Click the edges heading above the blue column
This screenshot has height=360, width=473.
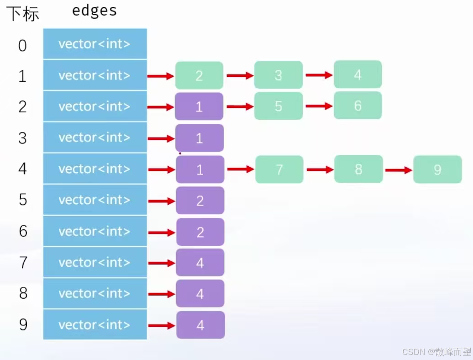point(95,11)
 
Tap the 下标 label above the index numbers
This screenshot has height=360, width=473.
point(22,14)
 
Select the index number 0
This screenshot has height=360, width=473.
point(22,45)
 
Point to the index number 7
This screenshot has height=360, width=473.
point(23,263)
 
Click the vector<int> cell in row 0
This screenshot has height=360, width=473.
point(95,44)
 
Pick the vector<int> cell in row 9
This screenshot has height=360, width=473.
point(95,325)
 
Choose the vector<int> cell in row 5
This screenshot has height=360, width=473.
point(95,200)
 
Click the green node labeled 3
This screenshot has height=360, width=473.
point(278,75)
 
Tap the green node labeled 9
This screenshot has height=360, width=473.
point(437,170)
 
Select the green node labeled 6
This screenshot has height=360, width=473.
point(357,106)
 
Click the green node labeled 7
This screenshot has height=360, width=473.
point(279,170)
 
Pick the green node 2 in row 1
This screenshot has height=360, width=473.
point(199,76)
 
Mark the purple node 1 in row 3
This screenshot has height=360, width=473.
point(200,138)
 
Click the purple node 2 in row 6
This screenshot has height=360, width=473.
point(200,232)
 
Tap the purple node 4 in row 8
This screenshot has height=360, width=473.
point(200,294)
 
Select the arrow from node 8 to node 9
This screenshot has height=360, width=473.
point(399,170)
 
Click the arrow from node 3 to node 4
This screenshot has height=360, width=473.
point(319,75)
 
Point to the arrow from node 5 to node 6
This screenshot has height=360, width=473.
point(319,106)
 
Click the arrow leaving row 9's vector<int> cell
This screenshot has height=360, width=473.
point(162,326)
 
